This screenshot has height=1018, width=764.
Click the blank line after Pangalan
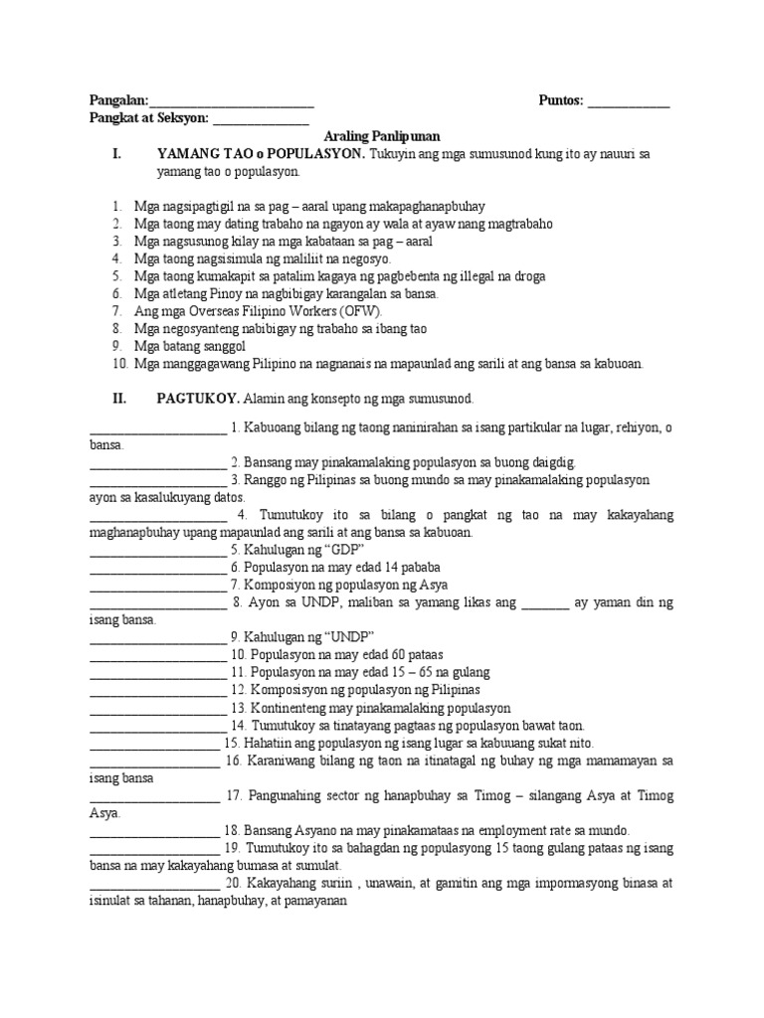(x=232, y=102)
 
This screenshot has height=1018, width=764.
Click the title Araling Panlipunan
(x=382, y=136)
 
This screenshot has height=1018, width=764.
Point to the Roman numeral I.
(x=117, y=154)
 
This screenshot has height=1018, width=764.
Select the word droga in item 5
(x=525, y=275)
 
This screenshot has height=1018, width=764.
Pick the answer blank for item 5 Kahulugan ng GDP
(x=157, y=551)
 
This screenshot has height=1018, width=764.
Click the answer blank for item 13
(x=157, y=710)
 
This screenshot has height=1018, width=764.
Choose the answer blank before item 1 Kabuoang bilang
(x=157, y=429)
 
